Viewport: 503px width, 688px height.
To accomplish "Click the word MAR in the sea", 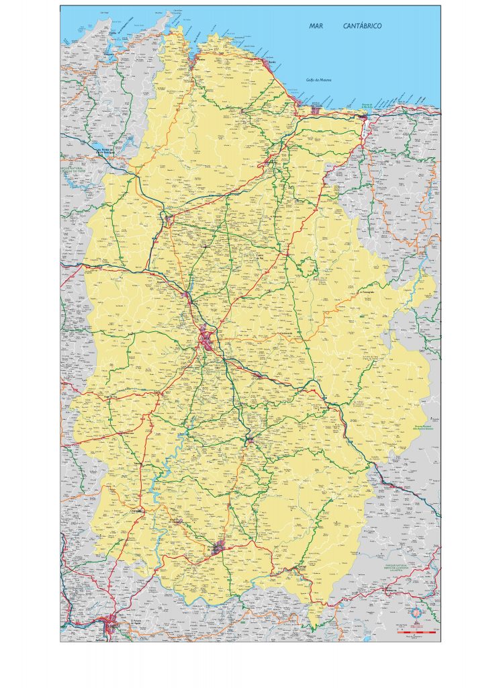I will (316, 26).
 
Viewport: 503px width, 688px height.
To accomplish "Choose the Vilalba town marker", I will (168, 218).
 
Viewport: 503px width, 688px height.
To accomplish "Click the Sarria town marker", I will (249, 441).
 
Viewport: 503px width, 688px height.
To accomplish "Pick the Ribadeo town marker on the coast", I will (363, 118).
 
